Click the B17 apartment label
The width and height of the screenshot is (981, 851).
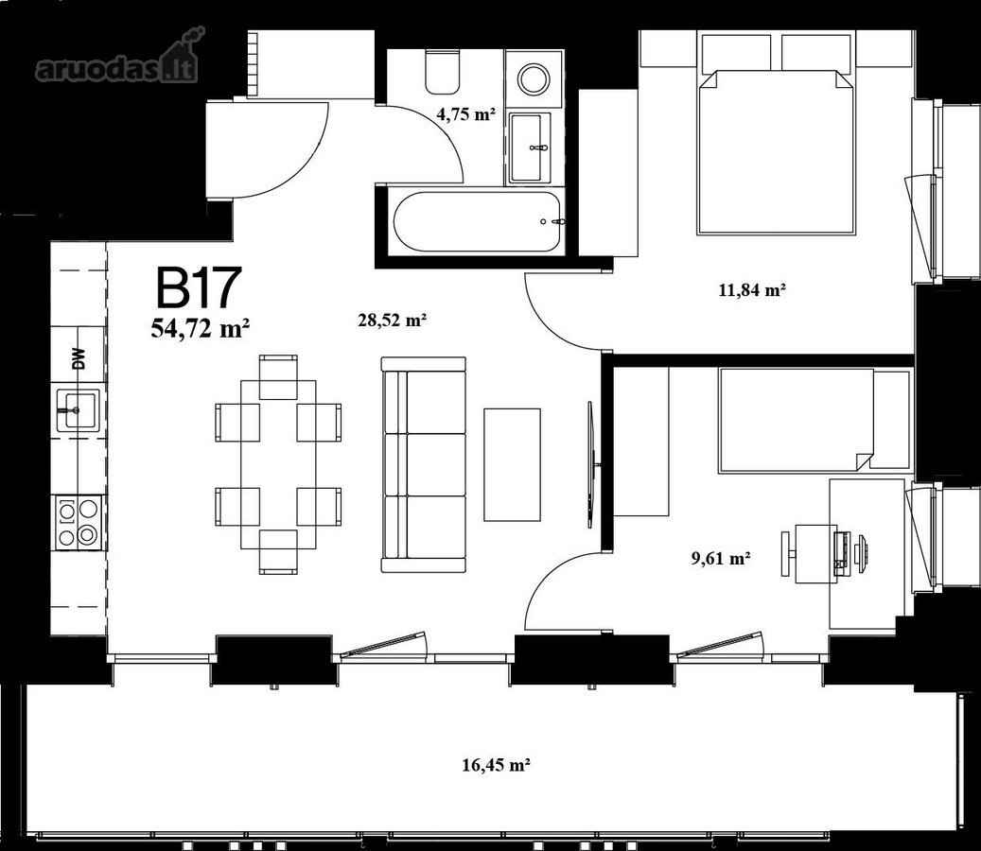click(x=199, y=287)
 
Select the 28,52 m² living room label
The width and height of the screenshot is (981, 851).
click(x=393, y=321)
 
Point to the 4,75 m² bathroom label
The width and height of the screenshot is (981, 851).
click(x=466, y=114)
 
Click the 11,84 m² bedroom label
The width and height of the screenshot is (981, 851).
click(x=752, y=290)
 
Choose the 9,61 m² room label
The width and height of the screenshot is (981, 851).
click(x=721, y=558)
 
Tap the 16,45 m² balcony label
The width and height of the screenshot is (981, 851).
click(x=497, y=765)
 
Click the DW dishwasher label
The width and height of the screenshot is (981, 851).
click(x=79, y=359)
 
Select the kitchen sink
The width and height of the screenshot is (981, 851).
click(x=79, y=410)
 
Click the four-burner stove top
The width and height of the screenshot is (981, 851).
click(x=79, y=523)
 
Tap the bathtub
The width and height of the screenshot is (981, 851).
click(x=480, y=222)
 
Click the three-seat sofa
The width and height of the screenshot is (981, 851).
click(x=424, y=464)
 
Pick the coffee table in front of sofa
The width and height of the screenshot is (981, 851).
click(x=512, y=464)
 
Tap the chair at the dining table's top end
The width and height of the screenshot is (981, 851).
click(x=278, y=377)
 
